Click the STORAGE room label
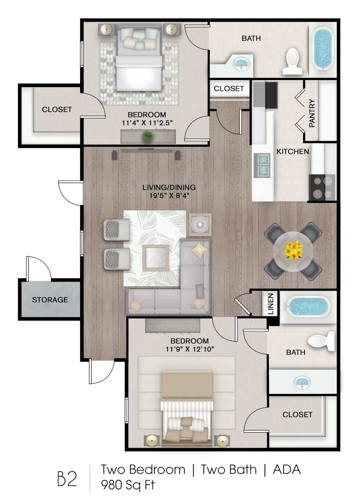tap(50, 300)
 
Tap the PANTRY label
tap(312, 113)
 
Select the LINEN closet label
tap(271, 304)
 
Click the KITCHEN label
tap(292, 151)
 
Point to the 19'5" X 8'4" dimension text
tap(169, 195)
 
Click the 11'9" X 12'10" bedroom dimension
tap(190, 349)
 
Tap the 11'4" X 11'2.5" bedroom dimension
tap(147, 123)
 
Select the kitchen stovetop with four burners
tap(322, 187)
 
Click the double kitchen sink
tap(262, 166)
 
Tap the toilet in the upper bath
tap(291, 61)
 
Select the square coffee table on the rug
tap(156, 258)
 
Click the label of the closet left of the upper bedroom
tap(57, 109)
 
